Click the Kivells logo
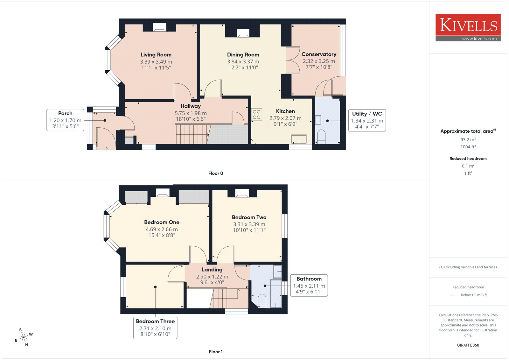click(x=468, y=27)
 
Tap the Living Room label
click(x=156, y=54)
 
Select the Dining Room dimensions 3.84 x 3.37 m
click(x=243, y=62)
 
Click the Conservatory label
click(x=319, y=54)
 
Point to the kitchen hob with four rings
click(x=256, y=114)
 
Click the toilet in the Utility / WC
click(x=321, y=137)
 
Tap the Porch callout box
click(x=65, y=120)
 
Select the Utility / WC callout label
click(x=367, y=114)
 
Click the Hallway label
click(x=191, y=106)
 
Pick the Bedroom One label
click(x=162, y=222)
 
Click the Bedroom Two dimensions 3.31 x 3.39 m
click(x=249, y=224)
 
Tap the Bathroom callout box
click(x=309, y=285)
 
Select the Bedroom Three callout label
click(x=155, y=321)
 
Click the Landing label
click(x=212, y=270)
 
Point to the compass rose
click(x=24, y=337)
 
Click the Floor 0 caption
click(x=216, y=173)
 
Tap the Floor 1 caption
click(x=216, y=352)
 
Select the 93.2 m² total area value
click(x=468, y=140)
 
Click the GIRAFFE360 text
click(x=468, y=345)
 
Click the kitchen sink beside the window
click(x=299, y=139)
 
